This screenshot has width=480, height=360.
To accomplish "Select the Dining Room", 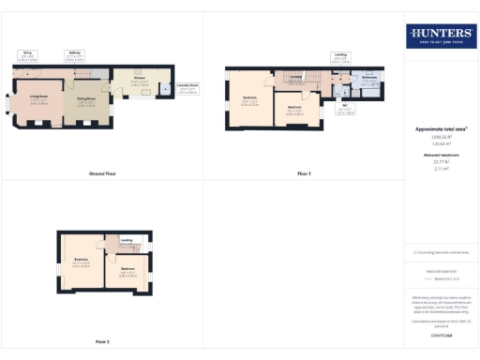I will pos(86,101).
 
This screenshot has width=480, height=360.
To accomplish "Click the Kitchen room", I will pos(139,85).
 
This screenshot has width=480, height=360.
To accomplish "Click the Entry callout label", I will pos(27,56).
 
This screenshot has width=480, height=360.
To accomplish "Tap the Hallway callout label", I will pos(74,55).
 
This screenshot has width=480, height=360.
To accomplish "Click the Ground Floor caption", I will pos(102,174).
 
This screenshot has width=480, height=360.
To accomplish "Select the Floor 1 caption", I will pos(304,174).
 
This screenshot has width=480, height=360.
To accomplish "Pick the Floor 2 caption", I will pos(102,341).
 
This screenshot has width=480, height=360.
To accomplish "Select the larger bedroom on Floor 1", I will pos(250,101).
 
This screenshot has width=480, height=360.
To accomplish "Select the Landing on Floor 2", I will pos(126,241).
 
